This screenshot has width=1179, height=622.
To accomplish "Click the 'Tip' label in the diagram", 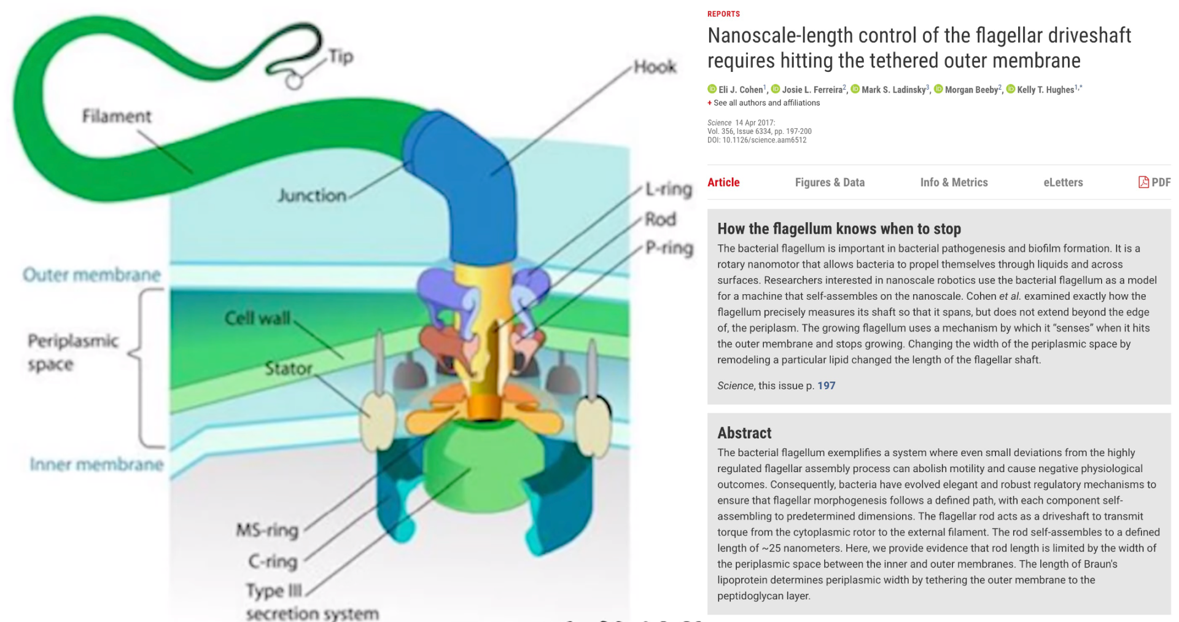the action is [x=341, y=57].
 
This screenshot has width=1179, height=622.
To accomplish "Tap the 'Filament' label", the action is [x=117, y=116].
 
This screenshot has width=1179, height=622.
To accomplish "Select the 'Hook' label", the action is [x=655, y=66].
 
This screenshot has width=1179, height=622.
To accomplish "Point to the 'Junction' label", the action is [x=312, y=195].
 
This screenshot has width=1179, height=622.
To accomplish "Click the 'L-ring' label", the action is [x=669, y=189].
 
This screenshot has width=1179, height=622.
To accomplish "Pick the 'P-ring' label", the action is [x=669, y=248].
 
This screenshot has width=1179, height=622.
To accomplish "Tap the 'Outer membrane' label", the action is [x=92, y=274].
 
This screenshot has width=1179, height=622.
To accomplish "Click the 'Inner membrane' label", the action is [x=97, y=464].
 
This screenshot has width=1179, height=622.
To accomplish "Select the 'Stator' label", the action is [x=289, y=368].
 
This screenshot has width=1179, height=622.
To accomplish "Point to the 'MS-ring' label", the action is [x=268, y=530].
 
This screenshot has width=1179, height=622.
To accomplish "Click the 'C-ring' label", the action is [x=273, y=561].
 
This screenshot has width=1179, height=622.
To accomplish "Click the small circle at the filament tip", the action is [x=294, y=81].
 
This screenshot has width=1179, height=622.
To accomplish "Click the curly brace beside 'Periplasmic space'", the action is [x=145, y=368].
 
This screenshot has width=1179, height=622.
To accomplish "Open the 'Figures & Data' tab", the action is [x=830, y=182].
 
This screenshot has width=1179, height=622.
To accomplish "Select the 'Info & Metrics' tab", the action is [x=954, y=182].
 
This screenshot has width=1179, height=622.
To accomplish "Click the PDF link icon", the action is [x=1143, y=182].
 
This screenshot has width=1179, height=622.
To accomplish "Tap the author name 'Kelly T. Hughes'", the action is [x=1046, y=90].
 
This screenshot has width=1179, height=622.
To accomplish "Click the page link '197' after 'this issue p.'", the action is [x=827, y=386].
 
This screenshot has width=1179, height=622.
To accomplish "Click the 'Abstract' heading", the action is [x=744, y=433].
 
